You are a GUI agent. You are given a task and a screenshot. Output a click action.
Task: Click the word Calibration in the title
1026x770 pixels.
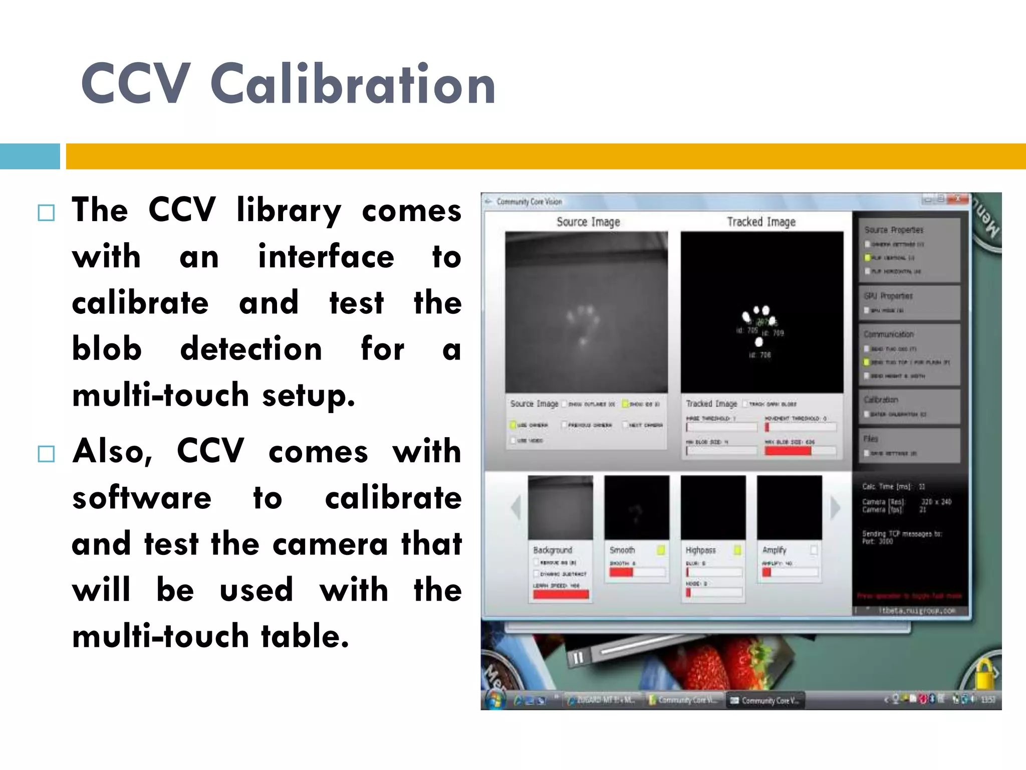click(x=353, y=84)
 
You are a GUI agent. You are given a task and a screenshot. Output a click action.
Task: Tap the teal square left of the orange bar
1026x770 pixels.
click(x=30, y=156)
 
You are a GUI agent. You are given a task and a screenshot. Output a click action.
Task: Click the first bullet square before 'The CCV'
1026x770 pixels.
click(x=46, y=213)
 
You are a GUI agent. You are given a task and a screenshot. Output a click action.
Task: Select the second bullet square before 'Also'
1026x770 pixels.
click(x=46, y=454)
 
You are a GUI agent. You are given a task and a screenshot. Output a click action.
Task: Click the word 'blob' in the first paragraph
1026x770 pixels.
click(x=107, y=349)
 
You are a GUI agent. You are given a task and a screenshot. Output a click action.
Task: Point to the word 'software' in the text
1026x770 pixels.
click(x=142, y=498)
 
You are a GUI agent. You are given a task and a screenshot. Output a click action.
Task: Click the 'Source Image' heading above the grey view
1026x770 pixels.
click(x=588, y=222)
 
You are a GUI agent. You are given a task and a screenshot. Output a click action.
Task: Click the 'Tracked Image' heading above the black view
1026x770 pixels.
click(x=761, y=222)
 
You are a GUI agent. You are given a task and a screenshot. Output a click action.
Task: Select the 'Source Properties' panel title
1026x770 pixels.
click(x=894, y=230)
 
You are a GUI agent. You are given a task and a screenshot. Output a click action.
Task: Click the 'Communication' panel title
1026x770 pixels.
click(x=888, y=334)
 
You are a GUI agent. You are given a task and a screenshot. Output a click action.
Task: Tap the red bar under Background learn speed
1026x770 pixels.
click(x=561, y=595)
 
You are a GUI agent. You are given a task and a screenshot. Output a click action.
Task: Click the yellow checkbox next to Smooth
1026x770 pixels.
click(x=661, y=550)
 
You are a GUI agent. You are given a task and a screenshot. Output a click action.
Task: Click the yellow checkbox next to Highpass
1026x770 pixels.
click(x=737, y=550)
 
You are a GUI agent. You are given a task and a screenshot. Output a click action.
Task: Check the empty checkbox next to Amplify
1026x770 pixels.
click(x=814, y=550)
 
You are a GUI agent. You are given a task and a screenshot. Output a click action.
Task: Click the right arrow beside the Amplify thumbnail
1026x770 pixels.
click(x=835, y=508)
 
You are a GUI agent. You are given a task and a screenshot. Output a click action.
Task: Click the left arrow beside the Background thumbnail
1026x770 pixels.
click(x=516, y=508)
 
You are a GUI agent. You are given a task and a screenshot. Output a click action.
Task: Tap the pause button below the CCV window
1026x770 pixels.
click(x=577, y=658)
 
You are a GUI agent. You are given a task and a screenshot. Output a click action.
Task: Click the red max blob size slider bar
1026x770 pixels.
click(x=788, y=451)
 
